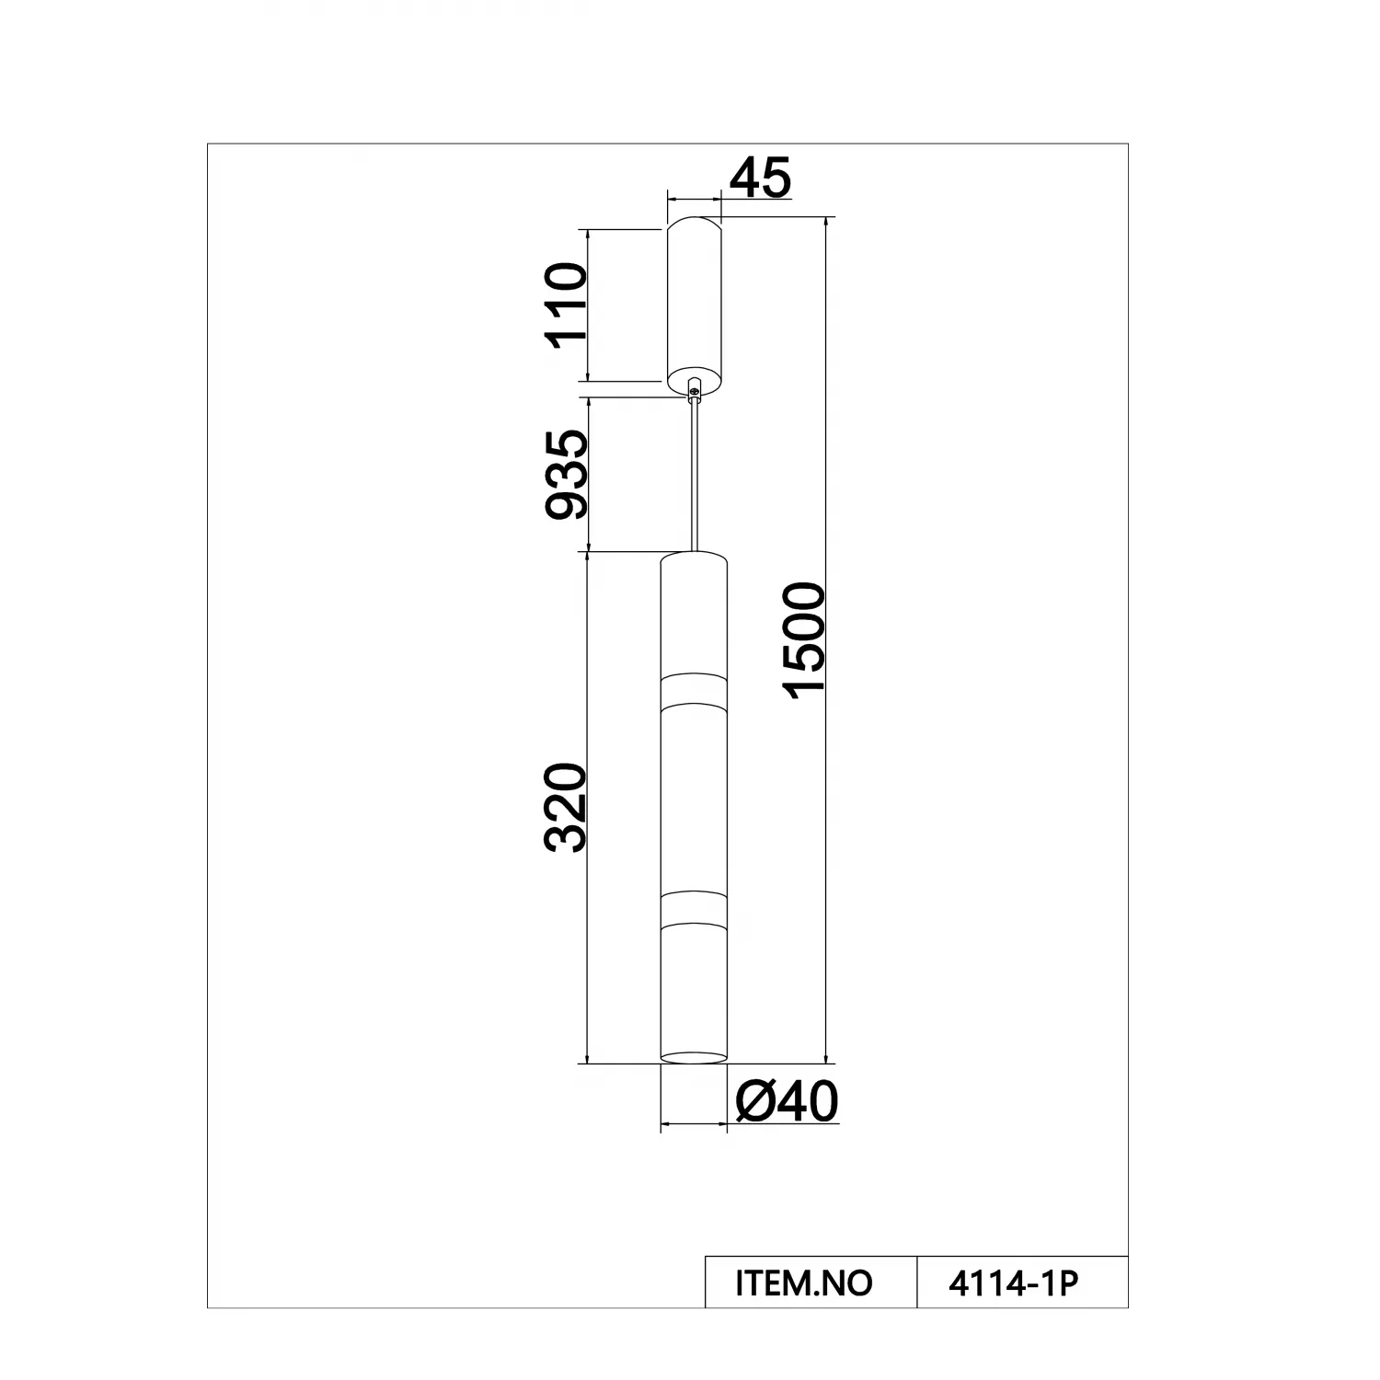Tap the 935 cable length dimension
click(x=566, y=475)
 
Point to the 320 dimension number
click(x=566, y=807)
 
